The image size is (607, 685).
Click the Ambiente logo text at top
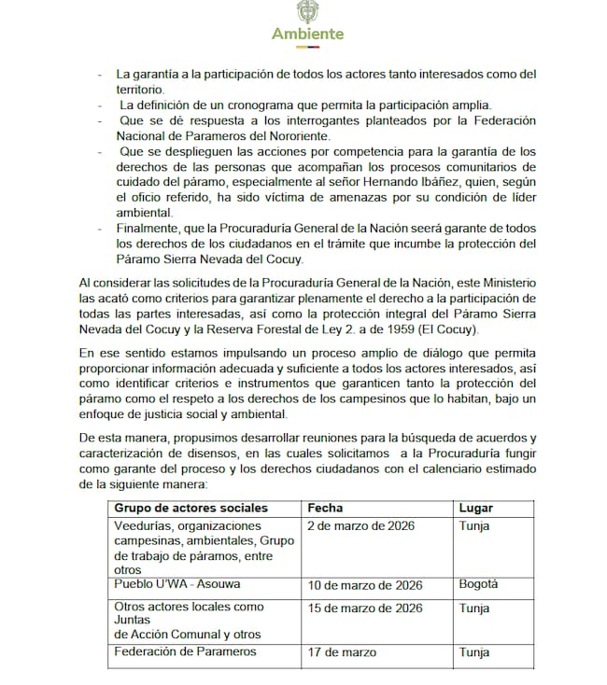pyautogui.click(x=307, y=35)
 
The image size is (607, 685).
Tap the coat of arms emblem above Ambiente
pyautogui.click(x=306, y=12)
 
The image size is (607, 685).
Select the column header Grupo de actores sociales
pyautogui.click(x=191, y=509)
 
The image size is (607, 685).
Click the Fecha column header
pyautogui.click(x=325, y=509)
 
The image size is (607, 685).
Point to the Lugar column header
pyautogui.click(x=476, y=509)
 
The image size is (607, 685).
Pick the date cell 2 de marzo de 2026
pyautogui.click(x=361, y=525)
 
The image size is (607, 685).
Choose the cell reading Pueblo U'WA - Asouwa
pyautogui.click(x=176, y=584)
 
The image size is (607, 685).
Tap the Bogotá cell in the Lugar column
pyautogui.click(x=478, y=585)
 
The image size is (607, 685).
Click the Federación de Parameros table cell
pyautogui.click(x=185, y=651)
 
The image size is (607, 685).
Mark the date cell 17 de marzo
pyautogui.click(x=342, y=652)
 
